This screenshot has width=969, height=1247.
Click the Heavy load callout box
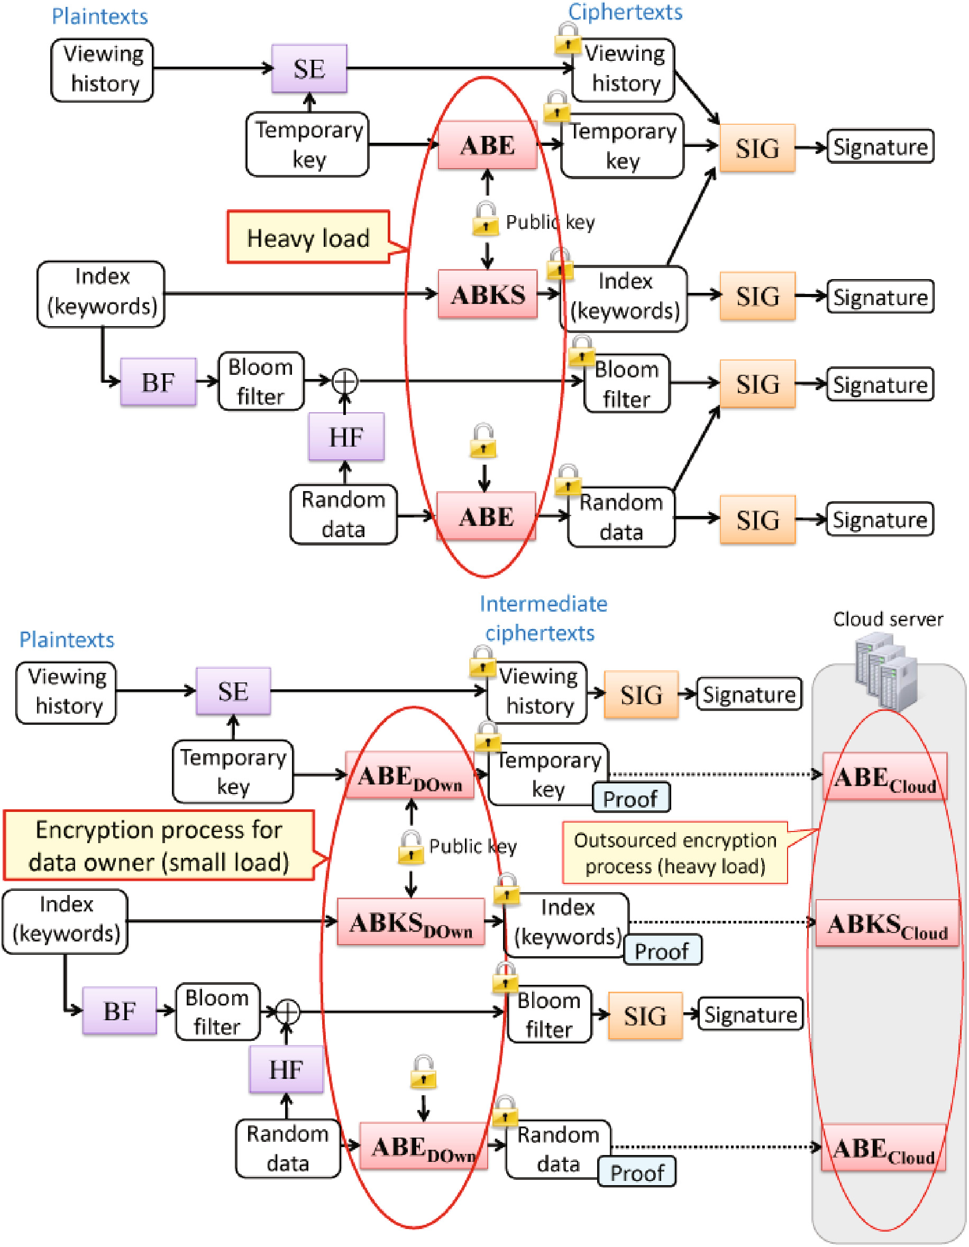coord(308,237)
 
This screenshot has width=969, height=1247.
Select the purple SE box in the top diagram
coord(309,69)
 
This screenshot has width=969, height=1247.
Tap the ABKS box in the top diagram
coord(487,294)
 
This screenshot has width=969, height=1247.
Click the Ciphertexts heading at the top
coord(625,12)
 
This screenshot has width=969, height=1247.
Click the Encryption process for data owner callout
coord(159,846)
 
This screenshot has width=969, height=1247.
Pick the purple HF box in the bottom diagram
coord(286,1069)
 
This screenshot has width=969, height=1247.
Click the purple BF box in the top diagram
coord(158,382)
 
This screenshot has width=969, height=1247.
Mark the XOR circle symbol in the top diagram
coord(345,381)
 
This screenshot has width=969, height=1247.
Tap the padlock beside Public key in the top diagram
coord(485,219)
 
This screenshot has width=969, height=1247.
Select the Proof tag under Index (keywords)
coord(662,950)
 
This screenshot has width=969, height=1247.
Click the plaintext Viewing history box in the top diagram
coord(102,70)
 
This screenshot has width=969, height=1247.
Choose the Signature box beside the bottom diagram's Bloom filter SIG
coord(750,1014)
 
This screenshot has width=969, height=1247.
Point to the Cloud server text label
coord(888,620)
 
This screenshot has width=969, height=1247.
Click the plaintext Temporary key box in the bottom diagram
coord(233,772)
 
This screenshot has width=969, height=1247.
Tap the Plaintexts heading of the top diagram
coord(99,16)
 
